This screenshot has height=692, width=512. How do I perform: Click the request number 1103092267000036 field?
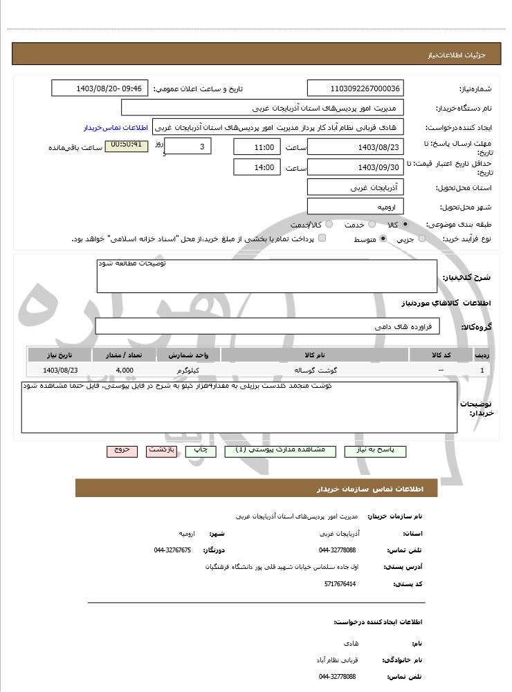coord(356,88)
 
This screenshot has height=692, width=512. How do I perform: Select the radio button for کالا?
coord(405,224)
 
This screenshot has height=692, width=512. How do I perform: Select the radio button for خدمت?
coord(372,224)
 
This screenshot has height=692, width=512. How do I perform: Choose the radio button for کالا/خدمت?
coord(329,224)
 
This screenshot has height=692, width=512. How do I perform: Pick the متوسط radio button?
coord(382,239)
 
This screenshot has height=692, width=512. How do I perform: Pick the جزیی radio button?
coord(422,239)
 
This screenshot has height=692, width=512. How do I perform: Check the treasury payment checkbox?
coord(322,239)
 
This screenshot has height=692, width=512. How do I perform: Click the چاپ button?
coord(201,450)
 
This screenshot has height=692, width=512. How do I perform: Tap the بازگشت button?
coord(162,450)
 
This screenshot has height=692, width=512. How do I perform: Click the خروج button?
coord(122,450)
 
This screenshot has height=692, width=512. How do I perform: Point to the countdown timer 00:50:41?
coord(126,145)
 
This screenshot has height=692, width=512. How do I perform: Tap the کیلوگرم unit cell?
coord(188,371)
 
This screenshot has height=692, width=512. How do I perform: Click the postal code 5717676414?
coord(340,584)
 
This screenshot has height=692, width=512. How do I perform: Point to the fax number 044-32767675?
coord(172,550)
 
